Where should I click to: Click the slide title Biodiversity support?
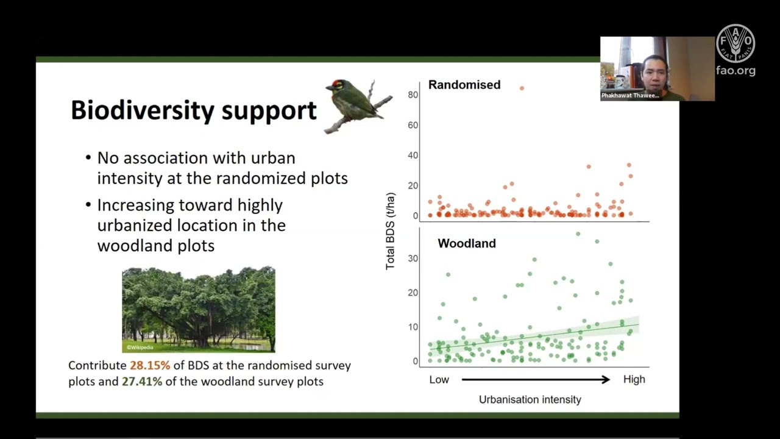coord(194,110)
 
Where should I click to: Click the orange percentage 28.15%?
coord(150,365)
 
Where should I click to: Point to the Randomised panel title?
coord(464,85)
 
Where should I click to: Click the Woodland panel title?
coord(466,243)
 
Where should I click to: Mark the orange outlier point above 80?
coord(522,88)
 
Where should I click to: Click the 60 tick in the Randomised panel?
coord(413,125)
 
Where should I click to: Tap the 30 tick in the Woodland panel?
coord(413,259)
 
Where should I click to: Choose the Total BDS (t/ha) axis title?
coord(391,231)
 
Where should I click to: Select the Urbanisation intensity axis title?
coord(530,399)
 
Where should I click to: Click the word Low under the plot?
coord(439,379)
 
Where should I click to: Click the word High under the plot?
coord(634,379)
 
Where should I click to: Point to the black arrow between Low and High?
coord(535,379)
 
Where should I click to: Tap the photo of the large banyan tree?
coord(198,309)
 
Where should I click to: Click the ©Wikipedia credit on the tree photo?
coord(140,348)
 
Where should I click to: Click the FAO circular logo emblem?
coord(736,44)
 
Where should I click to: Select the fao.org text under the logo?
coord(736,70)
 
